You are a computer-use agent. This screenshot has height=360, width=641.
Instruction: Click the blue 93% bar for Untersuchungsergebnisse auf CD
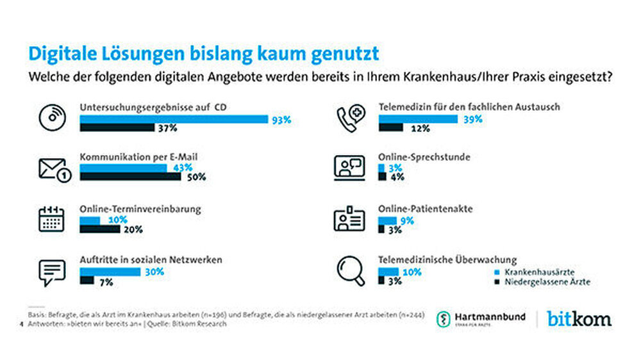pos(173,119)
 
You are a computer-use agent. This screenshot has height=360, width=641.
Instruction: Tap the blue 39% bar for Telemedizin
pos(417,119)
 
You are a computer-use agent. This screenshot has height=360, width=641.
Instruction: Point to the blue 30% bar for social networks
pos(110,272)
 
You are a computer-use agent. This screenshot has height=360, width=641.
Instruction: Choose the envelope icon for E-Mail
pos(53,169)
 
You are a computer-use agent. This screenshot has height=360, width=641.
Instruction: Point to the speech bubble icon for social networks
pos(52,272)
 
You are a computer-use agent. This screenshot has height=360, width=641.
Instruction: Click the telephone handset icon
pos(350,117)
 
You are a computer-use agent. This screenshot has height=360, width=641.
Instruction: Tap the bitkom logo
pos(579,318)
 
